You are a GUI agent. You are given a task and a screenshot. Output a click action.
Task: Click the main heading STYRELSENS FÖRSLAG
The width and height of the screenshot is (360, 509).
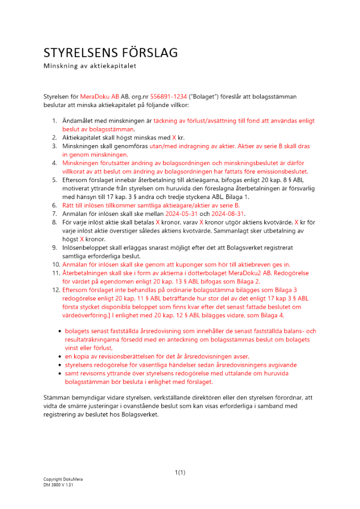[x=110, y=53]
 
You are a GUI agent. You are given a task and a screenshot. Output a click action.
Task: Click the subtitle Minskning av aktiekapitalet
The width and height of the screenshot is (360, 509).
[x=90, y=66]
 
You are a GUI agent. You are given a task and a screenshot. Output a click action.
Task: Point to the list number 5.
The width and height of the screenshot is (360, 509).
[x=54, y=180]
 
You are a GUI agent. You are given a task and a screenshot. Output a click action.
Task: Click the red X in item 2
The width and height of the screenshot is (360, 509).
[x=174, y=137]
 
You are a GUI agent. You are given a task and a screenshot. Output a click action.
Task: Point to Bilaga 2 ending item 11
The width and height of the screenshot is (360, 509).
[x=248, y=281]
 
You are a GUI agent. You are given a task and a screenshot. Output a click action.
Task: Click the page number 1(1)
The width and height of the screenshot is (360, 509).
[x=180, y=472]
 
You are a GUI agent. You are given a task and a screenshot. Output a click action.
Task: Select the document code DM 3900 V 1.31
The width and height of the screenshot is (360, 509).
[x=58, y=486]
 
